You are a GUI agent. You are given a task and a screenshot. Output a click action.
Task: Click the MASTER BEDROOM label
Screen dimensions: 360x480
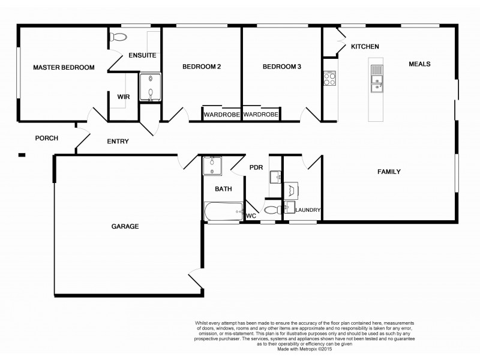click(x=64, y=68)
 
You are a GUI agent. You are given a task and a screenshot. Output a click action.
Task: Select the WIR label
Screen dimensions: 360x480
click(x=124, y=96)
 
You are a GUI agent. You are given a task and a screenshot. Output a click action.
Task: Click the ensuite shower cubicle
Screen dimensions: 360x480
click(x=151, y=86)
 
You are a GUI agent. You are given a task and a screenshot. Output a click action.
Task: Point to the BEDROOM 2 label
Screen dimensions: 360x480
click(x=202, y=67)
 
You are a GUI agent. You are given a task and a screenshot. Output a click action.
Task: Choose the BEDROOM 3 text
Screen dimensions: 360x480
click(x=282, y=67)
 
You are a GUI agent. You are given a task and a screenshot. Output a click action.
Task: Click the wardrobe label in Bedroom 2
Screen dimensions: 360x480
click(x=221, y=114)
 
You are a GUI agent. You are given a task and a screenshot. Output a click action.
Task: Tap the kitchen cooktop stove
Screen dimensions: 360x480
click(x=329, y=79)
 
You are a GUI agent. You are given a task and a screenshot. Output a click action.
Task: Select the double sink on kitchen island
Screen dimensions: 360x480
click(x=376, y=79)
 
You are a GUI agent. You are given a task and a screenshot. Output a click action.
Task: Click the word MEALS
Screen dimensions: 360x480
click(x=420, y=64)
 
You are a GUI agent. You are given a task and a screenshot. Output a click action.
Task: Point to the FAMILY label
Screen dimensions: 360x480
click(x=389, y=172)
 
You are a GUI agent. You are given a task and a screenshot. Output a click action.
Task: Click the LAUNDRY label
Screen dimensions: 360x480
click(x=308, y=210)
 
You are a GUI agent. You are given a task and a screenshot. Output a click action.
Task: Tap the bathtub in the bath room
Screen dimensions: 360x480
click(x=223, y=212)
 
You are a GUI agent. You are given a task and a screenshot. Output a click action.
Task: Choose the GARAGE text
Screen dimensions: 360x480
click(x=125, y=227)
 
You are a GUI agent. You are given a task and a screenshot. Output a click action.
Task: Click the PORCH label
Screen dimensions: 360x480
click(x=46, y=138)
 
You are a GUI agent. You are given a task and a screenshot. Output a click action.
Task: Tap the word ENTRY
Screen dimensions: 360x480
click(x=118, y=142)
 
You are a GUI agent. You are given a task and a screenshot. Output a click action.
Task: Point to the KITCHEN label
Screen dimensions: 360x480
click(x=365, y=47)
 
